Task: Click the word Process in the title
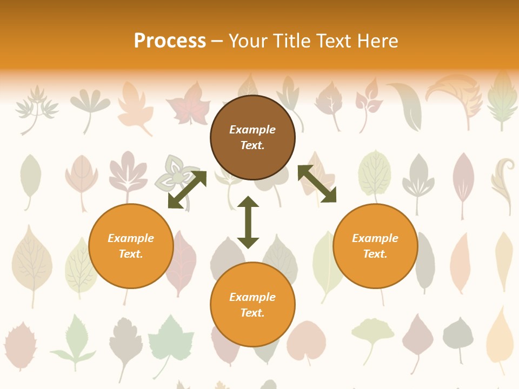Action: [x=170, y=41]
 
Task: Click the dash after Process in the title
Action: [x=217, y=42]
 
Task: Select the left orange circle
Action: [x=131, y=246]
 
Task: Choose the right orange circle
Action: [x=375, y=246]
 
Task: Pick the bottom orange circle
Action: [x=252, y=305]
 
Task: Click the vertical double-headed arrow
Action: [x=248, y=222]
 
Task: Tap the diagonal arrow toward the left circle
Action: [x=187, y=190]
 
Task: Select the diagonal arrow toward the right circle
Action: [x=317, y=184]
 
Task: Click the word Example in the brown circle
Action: [x=252, y=130]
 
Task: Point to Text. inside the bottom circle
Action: [x=252, y=313]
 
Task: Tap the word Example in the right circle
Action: [x=375, y=238]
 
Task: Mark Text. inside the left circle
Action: [x=131, y=254]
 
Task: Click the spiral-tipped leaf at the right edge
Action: [x=503, y=184]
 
